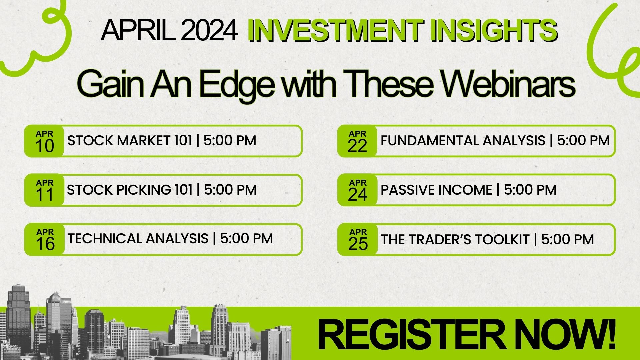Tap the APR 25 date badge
pyautogui.click(x=358, y=240)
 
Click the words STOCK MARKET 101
pyautogui.click(x=130, y=141)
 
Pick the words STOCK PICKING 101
pyautogui.click(x=130, y=190)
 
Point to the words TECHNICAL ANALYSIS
pyautogui.click(x=138, y=239)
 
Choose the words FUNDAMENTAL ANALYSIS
pyautogui.click(x=463, y=141)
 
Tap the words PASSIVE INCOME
pyautogui.click(x=436, y=190)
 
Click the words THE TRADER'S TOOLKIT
pyautogui.click(x=455, y=240)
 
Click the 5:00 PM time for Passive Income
pyautogui.click(x=530, y=190)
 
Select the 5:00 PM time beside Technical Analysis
pyautogui.click(x=246, y=239)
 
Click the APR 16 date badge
pyautogui.click(x=45, y=240)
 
